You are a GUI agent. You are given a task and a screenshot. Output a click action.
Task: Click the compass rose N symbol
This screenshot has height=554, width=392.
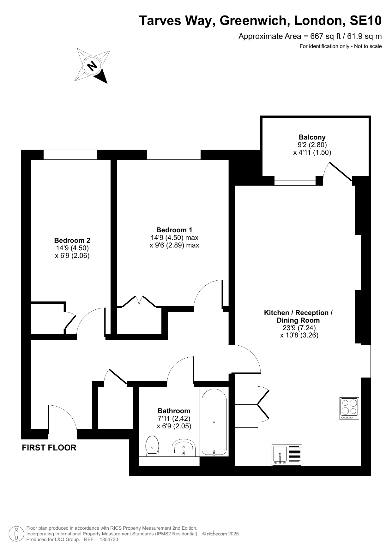click(x=92, y=66)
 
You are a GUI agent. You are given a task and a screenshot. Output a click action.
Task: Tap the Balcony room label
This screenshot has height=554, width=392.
click(x=312, y=137)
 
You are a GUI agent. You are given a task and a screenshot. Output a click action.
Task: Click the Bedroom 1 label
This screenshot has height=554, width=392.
click(x=174, y=230)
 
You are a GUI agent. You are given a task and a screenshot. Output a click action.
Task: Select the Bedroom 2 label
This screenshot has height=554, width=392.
click(x=72, y=241)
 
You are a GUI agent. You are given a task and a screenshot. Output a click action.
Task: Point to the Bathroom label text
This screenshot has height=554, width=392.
click(x=174, y=411)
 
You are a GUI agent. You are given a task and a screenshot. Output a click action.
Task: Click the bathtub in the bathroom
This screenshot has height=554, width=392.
click(x=214, y=422)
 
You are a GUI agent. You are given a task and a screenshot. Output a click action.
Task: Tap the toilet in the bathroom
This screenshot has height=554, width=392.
click(x=152, y=446)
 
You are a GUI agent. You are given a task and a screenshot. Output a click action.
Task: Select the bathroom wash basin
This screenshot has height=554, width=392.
click(x=184, y=448)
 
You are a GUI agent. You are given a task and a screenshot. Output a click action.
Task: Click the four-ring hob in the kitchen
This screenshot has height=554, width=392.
click(x=349, y=408)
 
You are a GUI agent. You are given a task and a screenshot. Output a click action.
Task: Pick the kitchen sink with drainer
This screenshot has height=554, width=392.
click(x=287, y=455)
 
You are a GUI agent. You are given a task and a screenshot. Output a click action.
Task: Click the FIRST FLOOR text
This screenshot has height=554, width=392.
click(x=49, y=448)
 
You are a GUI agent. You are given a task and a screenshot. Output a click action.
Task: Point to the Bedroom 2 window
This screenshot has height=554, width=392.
click(x=70, y=155)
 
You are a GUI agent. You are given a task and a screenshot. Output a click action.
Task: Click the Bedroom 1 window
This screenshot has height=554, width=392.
click(x=174, y=155)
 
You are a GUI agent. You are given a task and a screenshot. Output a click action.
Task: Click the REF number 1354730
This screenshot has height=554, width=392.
click(x=109, y=539)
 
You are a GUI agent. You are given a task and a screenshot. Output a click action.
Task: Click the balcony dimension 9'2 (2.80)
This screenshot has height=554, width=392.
click(x=312, y=145)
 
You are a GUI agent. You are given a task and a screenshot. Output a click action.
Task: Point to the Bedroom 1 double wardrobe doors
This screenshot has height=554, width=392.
click(x=139, y=301)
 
